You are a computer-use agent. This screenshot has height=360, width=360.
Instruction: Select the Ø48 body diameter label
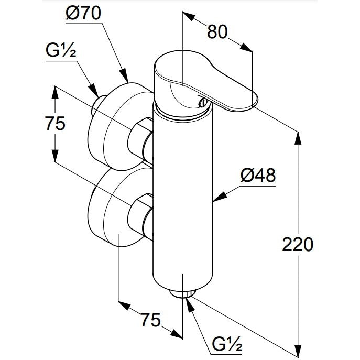pos(258,176)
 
